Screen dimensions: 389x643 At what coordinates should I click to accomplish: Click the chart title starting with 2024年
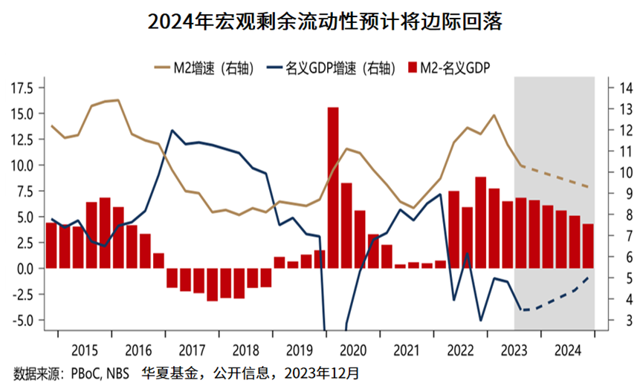pos(321,22)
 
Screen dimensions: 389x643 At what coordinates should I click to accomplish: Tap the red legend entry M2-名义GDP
pos(454,68)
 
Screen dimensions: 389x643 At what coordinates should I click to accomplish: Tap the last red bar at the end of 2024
pos(587,246)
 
